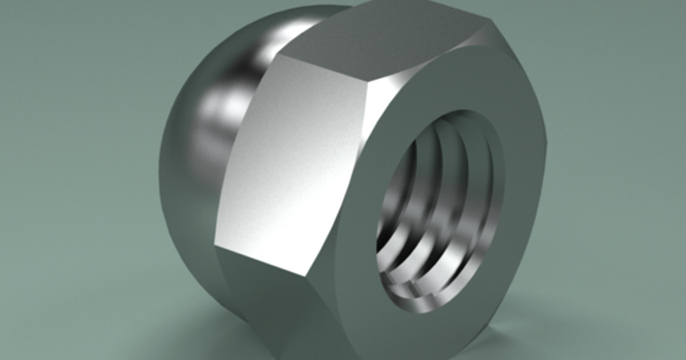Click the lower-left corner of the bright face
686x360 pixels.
[216, 247]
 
